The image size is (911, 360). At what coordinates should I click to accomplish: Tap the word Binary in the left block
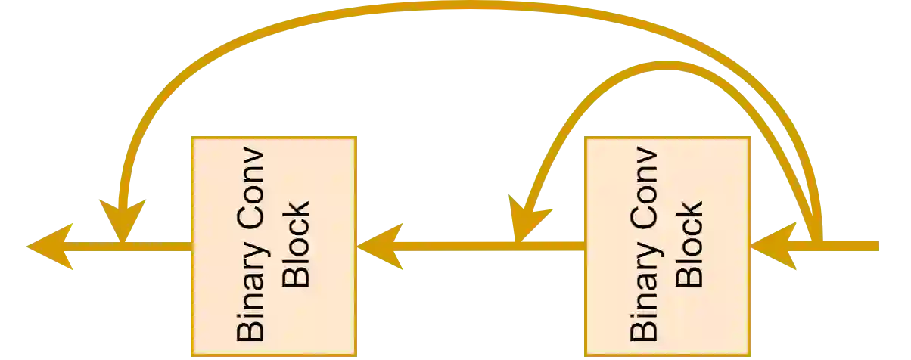(250, 296)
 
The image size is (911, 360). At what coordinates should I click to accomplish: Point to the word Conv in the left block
(250, 186)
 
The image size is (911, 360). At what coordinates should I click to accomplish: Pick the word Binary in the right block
(644, 296)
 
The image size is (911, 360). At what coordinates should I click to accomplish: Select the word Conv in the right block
(644, 186)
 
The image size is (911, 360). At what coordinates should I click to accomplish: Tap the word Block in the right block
(689, 244)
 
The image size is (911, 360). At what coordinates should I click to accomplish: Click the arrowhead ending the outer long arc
(121, 219)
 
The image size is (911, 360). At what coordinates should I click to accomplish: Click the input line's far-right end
(878, 246)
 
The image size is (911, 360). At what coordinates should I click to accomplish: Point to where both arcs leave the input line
(819, 242)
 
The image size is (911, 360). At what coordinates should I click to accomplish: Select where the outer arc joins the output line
(120, 245)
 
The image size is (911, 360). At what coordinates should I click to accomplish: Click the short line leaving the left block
(159, 246)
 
